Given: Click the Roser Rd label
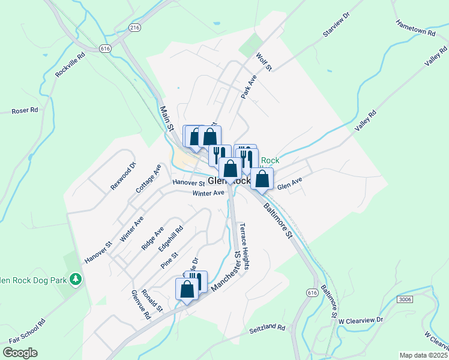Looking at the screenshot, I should (25, 110).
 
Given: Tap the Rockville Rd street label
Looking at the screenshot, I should (70, 64).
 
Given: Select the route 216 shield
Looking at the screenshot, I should (134, 28).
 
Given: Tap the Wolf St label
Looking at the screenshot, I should (264, 62).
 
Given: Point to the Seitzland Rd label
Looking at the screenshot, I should (267, 327).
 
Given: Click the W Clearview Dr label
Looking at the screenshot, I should (361, 321).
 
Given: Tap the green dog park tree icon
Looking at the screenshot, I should (75, 279).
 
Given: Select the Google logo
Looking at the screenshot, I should (20, 353).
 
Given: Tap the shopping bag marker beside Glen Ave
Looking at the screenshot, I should (262, 178).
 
